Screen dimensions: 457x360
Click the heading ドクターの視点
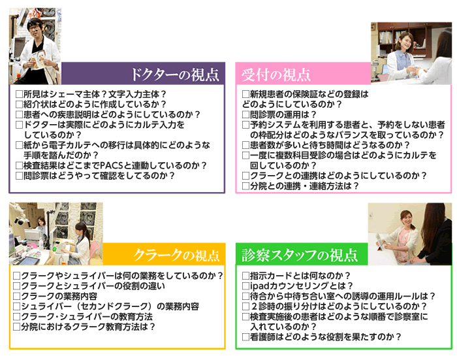tap(174, 74)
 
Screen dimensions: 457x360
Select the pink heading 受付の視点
tap(276, 74)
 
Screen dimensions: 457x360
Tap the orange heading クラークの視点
tap(176, 255)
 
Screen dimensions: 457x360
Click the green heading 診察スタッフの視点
tap(300, 255)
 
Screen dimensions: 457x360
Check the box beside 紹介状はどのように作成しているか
tap(19, 105)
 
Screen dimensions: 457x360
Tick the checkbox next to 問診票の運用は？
tap(245, 114)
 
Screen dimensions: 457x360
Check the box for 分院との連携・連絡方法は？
tap(245, 186)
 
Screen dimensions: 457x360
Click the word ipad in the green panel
tap(258, 286)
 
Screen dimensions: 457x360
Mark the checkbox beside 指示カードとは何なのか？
tap(245, 276)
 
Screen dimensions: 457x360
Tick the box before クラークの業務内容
tap(17, 296)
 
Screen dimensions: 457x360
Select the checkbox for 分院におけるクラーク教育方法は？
tap(17, 327)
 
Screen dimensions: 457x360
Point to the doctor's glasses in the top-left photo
tap(35, 27)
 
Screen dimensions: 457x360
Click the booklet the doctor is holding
tap(39, 58)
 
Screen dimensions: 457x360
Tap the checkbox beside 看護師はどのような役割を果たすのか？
tap(245, 337)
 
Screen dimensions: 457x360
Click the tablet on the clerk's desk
tap(27, 260)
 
